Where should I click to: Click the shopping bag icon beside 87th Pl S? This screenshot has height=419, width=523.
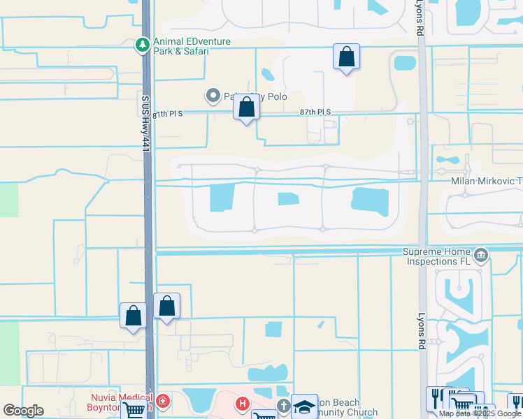click(x=246, y=108)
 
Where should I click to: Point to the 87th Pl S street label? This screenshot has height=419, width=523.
click(x=315, y=112)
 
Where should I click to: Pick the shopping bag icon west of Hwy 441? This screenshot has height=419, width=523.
click(x=133, y=316)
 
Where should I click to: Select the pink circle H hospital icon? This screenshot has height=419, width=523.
click(x=243, y=404)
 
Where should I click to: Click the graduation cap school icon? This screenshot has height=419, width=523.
click(x=303, y=407)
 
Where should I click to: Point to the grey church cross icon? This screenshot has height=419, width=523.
click(x=283, y=405)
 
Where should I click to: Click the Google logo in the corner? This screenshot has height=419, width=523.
click(x=23, y=411)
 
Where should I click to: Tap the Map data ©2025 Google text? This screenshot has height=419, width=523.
click(x=480, y=413)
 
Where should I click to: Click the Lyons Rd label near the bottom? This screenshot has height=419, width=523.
click(x=422, y=330)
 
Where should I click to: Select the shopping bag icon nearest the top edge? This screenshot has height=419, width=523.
click(x=346, y=57)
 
